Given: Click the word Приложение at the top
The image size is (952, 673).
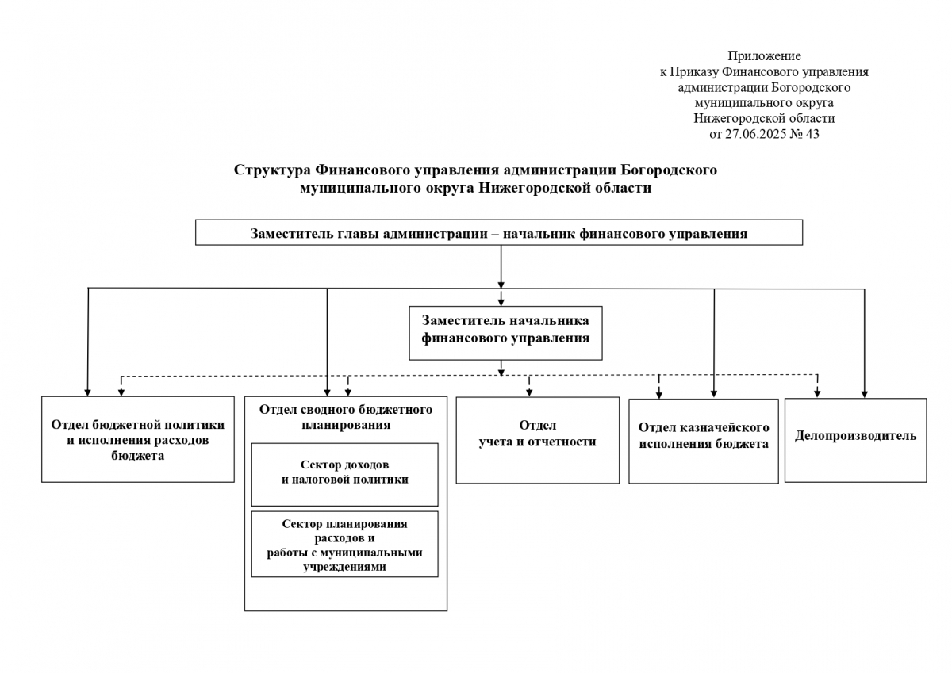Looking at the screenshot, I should tap(764, 56).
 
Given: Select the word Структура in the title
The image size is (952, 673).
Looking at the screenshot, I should tap(271, 170).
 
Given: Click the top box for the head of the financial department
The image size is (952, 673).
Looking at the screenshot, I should tap(499, 233).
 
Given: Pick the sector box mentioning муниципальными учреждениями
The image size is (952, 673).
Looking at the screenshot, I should tap(344, 545).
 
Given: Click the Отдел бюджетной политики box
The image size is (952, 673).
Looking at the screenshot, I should tap(137, 440).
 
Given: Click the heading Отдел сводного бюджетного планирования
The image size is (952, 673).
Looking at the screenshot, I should tap(345, 417).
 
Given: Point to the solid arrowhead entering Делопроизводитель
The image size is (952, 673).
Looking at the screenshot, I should tap(865, 392).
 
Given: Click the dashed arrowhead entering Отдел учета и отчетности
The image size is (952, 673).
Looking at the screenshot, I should tap(530, 391).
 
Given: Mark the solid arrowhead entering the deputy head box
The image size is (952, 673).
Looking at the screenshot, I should tap(501, 301).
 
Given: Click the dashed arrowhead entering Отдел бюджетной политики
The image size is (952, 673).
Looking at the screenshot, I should tap(121, 391).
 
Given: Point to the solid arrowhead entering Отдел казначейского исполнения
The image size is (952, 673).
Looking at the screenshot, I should tap(714, 392).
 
